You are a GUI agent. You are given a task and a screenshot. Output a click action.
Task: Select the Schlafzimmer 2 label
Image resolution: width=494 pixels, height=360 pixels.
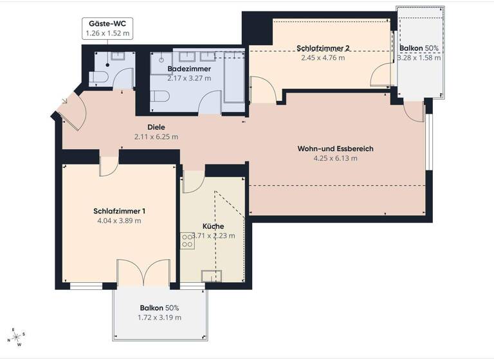coord(323,48)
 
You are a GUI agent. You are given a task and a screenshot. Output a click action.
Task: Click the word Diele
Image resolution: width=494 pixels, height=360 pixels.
coord(156,127)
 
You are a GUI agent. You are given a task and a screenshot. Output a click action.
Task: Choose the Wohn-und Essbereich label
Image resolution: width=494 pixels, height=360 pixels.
coord(335,148)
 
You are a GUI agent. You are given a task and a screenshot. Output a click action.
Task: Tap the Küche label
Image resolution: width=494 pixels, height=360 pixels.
coord(213,226)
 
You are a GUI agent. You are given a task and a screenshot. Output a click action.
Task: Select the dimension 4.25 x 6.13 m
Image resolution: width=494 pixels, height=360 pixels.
coord(335,157)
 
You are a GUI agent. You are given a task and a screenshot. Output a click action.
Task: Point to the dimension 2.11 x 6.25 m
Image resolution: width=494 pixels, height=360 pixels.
coord(156,136)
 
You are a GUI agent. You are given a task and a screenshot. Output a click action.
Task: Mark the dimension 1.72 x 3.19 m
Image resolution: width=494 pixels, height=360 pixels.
coord(160,318)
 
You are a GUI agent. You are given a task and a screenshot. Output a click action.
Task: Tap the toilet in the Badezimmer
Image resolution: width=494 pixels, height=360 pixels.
coord(161,97)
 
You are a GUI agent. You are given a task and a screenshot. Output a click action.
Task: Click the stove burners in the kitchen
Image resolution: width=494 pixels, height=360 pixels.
coord(188,240)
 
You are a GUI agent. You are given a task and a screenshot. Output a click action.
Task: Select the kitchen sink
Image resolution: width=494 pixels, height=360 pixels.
coord(210,276)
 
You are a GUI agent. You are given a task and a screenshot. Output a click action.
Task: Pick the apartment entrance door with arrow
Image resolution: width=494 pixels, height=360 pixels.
coord(67,111)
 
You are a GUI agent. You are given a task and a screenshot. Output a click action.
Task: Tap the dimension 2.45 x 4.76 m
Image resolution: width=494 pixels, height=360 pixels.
coord(323,57)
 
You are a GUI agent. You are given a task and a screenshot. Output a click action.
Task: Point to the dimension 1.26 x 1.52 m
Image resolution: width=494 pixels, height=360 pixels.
coord(108,33)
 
